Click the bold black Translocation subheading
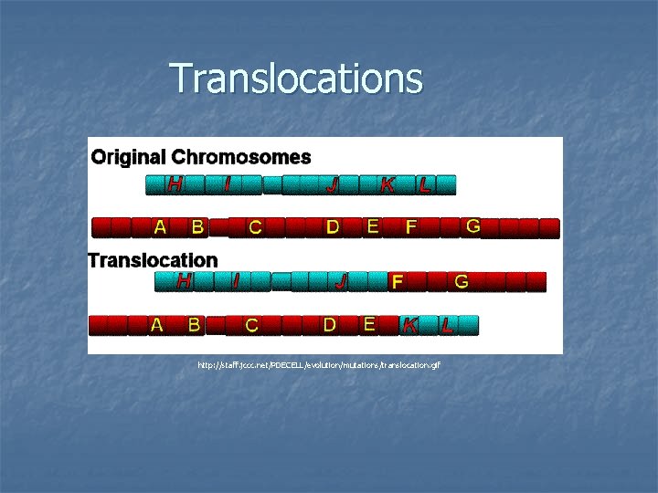153,260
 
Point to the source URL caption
319,365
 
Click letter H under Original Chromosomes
174,184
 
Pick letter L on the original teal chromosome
425,185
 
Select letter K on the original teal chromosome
387,185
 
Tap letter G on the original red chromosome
472,226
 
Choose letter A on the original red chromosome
160,226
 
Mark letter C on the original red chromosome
256,227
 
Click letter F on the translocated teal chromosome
397,282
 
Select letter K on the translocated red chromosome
410,324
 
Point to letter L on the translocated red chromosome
447,324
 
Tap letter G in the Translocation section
462,282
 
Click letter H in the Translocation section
184,281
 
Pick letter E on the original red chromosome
373,226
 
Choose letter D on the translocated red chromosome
330,323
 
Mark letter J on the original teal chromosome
334,185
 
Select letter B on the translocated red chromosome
194,323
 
